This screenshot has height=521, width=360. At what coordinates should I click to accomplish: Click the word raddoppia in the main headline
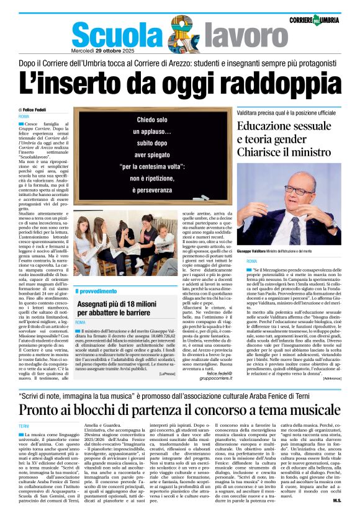268,85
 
